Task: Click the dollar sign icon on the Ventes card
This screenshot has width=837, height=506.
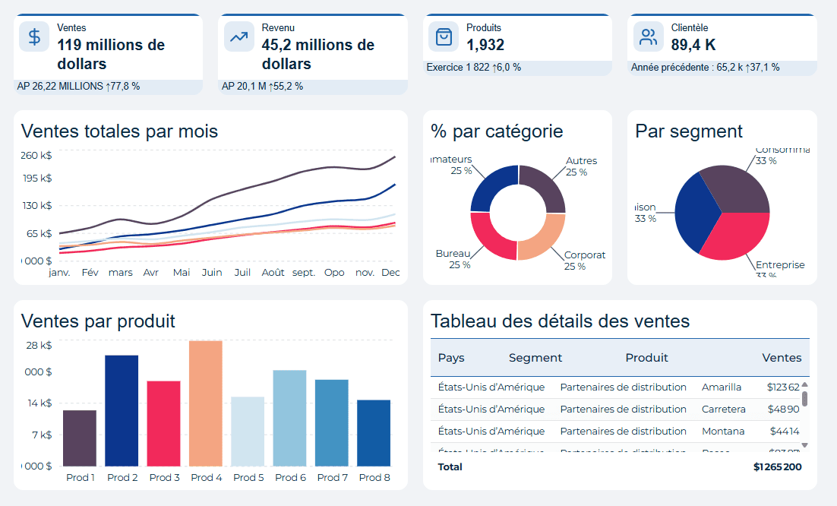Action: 35,37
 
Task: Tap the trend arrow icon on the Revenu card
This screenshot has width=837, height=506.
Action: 239,37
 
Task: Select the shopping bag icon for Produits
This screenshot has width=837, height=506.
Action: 444,37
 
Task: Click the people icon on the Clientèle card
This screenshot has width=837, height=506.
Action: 649,37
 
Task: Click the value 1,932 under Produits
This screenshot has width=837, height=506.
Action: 485,45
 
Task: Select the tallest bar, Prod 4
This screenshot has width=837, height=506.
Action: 206,403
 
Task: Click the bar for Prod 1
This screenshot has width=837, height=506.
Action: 80,438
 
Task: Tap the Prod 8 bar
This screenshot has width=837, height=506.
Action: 374,432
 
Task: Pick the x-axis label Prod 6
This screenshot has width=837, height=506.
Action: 290,478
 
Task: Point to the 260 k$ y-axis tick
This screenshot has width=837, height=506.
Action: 36,156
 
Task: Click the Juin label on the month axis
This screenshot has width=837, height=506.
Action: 212,272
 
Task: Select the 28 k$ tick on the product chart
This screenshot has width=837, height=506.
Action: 38,345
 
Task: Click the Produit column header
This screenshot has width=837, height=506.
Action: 646,358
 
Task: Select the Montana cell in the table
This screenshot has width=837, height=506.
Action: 722,431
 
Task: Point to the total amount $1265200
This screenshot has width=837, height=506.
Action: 777,466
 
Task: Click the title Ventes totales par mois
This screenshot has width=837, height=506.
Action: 119,131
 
